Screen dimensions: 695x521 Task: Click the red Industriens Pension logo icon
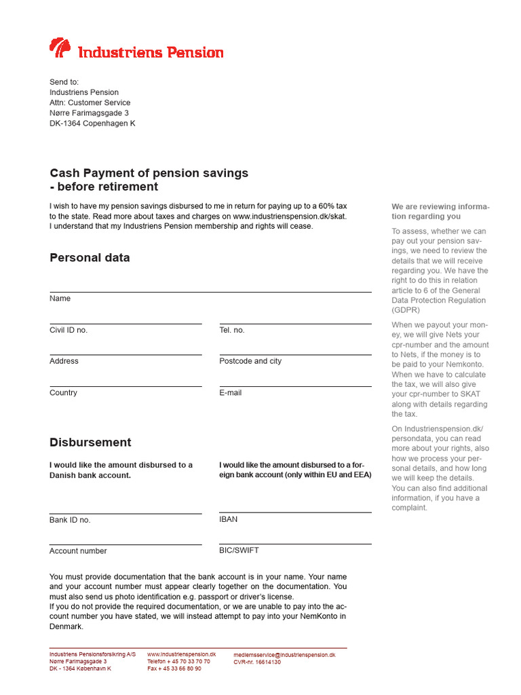60,48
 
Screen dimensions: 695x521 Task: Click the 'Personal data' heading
90,258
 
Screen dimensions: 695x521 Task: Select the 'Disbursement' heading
90,443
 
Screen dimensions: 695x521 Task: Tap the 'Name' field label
60,299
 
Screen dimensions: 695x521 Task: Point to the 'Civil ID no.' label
69,330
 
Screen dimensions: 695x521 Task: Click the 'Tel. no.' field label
232,330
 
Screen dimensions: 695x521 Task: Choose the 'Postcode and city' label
250,361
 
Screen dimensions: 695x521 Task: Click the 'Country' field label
63,393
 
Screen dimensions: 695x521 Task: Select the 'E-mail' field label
231,393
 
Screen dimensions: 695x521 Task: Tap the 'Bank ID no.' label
70,520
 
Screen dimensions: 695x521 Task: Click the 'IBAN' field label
229,519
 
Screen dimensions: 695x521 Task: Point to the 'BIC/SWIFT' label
239,550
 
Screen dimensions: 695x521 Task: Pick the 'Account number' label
78,551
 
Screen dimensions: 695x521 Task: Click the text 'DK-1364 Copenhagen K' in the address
92,124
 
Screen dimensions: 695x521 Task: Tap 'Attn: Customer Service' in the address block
90,102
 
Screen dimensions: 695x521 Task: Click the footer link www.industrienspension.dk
181,654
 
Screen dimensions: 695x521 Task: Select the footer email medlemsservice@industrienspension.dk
284,655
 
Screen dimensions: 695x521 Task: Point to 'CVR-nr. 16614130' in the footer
257,662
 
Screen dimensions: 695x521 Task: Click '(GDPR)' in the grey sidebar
406,310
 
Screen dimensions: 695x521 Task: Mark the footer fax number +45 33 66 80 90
174,669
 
